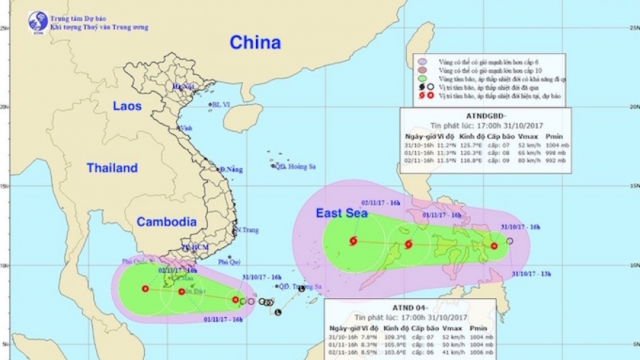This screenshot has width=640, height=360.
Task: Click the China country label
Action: pos(255,43)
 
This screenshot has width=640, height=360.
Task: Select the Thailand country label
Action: pos(112,168)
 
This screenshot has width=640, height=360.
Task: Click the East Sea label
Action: pos(342,213)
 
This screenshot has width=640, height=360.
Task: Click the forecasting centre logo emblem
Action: pos(38,21)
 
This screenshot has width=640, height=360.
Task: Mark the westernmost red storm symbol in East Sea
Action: pos(353,241)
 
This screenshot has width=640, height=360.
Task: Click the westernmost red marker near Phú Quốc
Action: pos(145,289)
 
